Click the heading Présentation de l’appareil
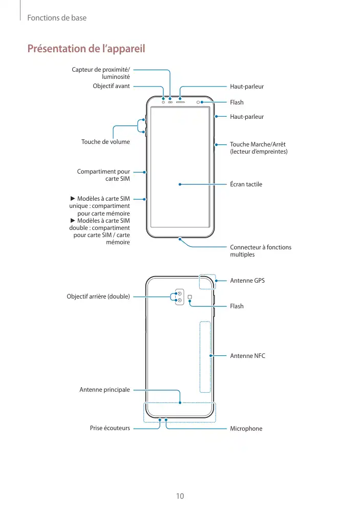click(x=86, y=49)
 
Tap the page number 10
click(x=180, y=496)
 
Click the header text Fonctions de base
click(x=57, y=18)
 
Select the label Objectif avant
click(x=111, y=86)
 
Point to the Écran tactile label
click(x=246, y=184)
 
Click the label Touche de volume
click(x=105, y=142)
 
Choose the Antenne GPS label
click(x=247, y=281)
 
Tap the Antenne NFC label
click(x=247, y=355)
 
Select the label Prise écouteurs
click(x=110, y=428)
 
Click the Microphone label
click(x=246, y=429)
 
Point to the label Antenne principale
click(x=104, y=390)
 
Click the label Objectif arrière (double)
click(x=98, y=296)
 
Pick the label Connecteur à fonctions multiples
click(x=261, y=251)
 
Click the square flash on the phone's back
click(x=190, y=297)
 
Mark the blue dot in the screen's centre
click(x=180, y=184)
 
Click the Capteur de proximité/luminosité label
click(x=101, y=73)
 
